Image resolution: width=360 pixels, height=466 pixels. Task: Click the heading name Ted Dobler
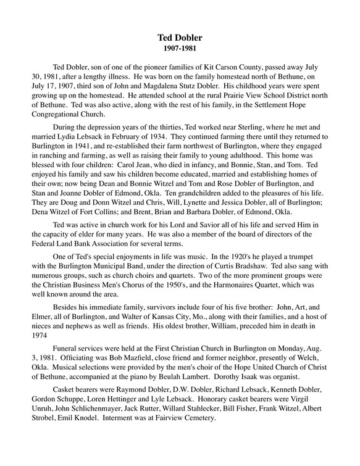point(180,38)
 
